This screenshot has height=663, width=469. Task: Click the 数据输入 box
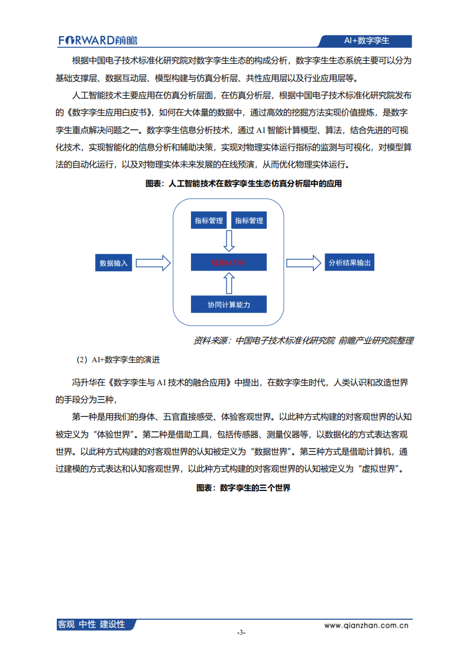click(x=114, y=263)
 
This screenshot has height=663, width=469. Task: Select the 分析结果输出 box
click(x=350, y=263)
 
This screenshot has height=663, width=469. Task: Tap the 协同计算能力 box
click(x=228, y=304)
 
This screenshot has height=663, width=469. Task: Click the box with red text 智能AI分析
click(x=228, y=263)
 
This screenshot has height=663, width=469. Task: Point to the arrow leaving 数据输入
click(x=153, y=263)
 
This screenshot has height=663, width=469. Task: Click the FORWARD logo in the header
click(x=98, y=40)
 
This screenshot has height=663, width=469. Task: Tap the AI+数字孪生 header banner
click(x=366, y=41)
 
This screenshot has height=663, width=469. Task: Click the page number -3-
click(x=241, y=632)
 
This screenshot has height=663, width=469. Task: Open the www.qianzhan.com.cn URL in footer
click(x=367, y=624)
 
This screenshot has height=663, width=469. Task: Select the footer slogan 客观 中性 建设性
click(x=92, y=624)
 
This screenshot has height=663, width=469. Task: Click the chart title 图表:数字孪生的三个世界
click(x=243, y=488)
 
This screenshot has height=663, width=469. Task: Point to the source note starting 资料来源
click(x=303, y=340)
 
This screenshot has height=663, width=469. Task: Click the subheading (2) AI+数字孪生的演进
click(x=118, y=359)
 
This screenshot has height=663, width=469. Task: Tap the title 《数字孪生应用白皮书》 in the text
click(x=108, y=112)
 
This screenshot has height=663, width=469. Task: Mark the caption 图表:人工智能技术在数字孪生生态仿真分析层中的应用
click(x=243, y=184)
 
